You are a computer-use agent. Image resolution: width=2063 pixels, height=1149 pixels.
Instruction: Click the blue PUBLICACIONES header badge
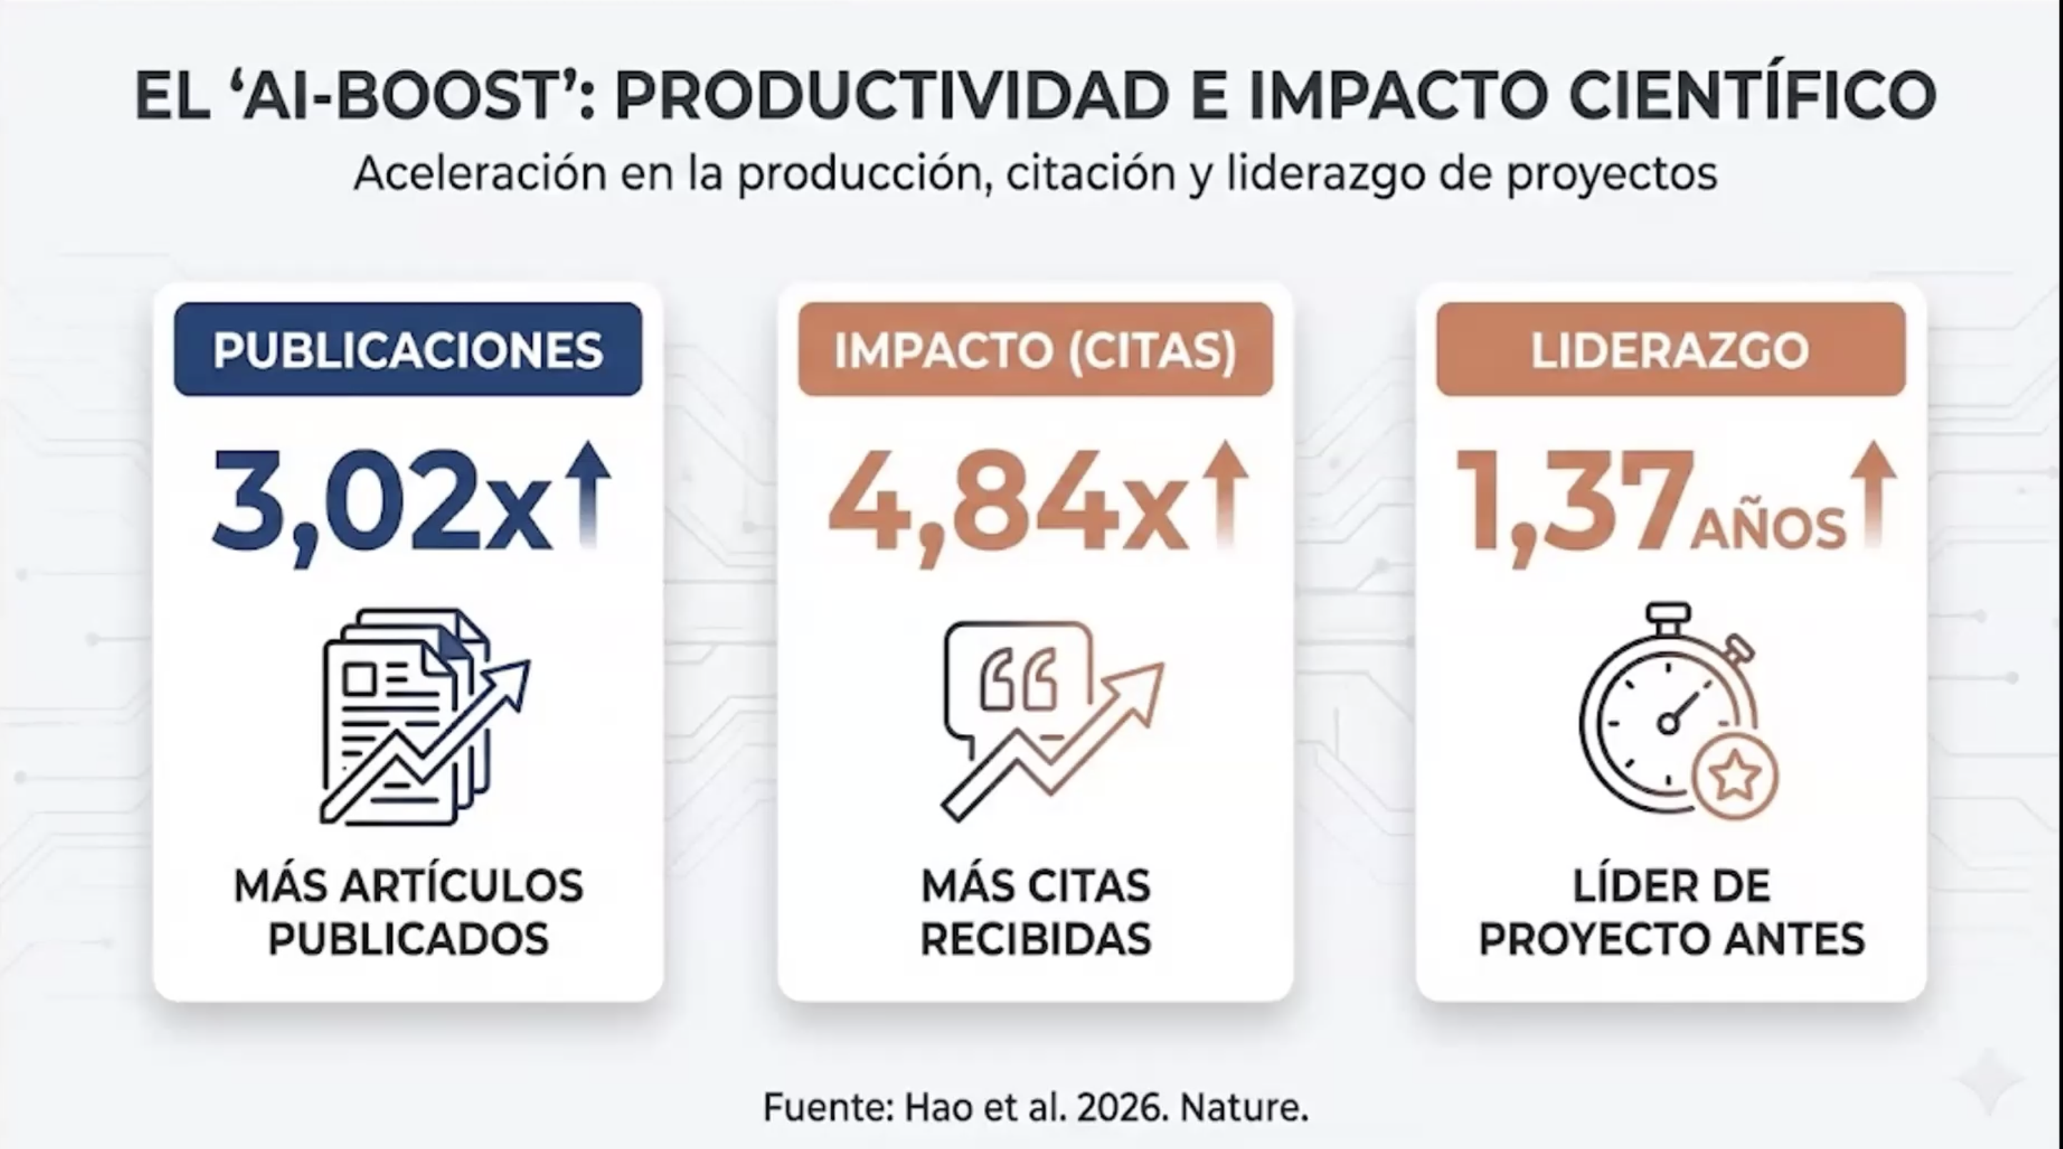tap(408, 349)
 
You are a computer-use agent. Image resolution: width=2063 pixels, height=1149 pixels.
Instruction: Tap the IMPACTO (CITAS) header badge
tap(1035, 349)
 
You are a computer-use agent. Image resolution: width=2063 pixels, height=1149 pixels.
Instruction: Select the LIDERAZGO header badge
tap(1670, 349)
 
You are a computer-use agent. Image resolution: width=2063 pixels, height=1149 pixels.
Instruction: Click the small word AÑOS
tap(1768, 529)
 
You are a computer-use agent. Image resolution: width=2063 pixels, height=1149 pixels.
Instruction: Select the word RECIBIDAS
tap(1035, 939)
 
